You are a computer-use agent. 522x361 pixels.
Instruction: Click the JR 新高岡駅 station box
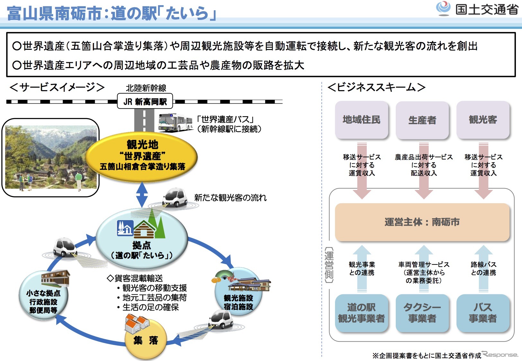point(145,101)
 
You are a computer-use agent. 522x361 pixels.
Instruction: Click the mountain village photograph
point(51,157)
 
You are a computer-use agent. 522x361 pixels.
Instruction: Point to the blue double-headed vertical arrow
point(142,194)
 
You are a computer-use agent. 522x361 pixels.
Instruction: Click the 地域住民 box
point(361,120)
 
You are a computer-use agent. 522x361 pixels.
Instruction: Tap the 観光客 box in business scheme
point(483,120)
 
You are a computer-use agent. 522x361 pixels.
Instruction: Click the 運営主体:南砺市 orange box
point(422,222)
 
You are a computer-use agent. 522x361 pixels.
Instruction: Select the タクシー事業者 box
point(422,313)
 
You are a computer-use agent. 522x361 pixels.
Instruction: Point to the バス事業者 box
point(483,313)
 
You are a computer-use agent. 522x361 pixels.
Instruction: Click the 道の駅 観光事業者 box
point(361,313)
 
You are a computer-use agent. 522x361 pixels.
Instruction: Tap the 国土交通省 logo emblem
point(443,9)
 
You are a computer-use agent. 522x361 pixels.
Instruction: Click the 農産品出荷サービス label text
point(424,157)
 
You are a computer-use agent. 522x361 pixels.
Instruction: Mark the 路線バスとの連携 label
point(483,269)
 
